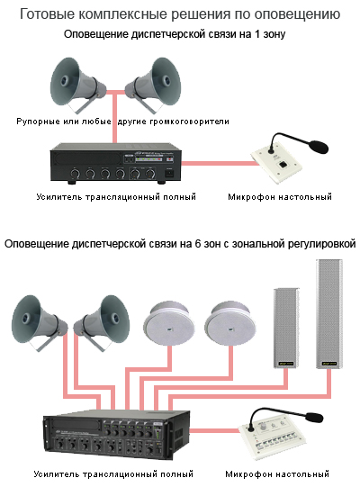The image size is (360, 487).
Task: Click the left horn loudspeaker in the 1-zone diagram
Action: pos(77,85)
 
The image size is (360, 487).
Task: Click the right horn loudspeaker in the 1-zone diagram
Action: pos(153,85)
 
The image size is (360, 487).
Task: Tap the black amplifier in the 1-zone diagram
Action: pos(116,164)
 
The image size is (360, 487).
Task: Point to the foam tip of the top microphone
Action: pos(318,147)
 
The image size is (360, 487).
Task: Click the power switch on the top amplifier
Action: pos(169,172)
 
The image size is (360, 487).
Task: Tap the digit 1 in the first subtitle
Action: pos(257,34)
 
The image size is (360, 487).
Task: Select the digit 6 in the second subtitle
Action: pos(197,244)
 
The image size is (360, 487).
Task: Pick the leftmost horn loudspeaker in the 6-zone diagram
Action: pos(40,323)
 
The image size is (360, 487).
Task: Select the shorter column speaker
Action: pos(286,329)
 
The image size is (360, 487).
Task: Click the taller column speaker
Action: pos(329,313)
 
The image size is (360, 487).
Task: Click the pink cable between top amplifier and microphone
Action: pos(220,163)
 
